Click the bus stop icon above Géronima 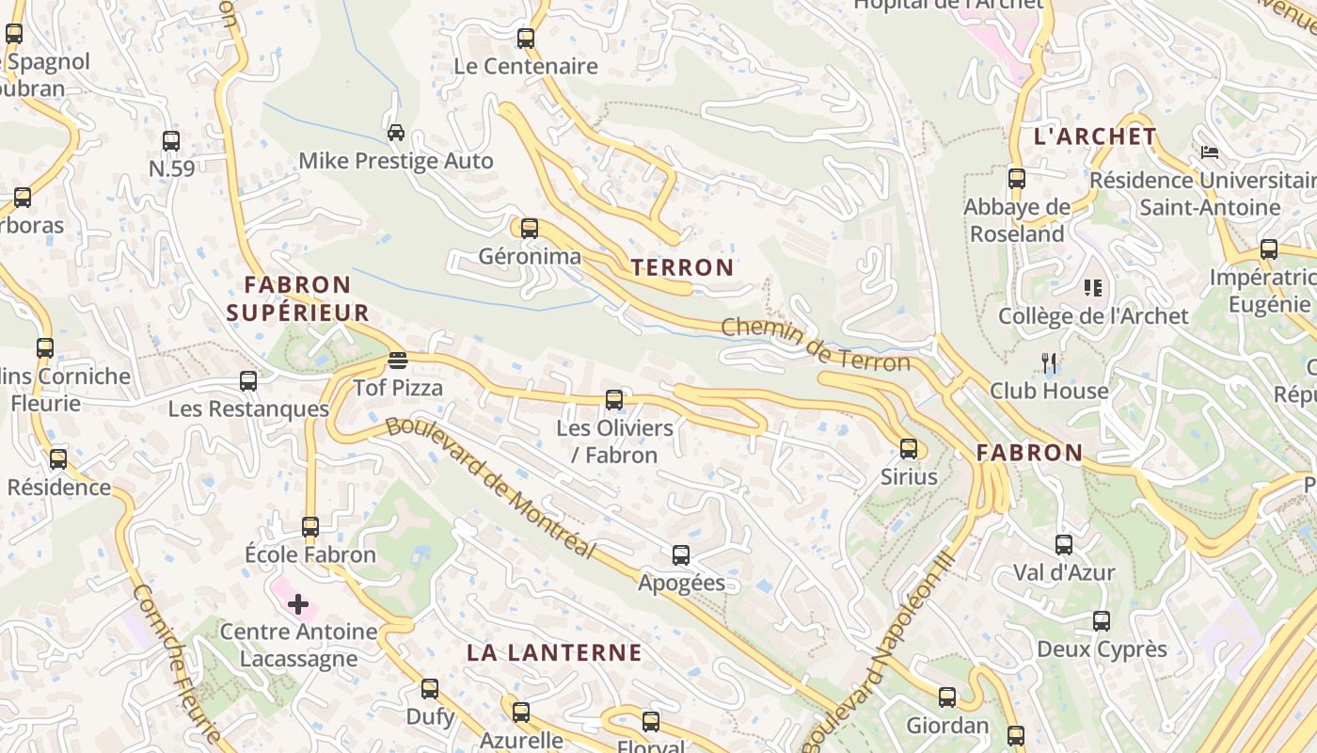pyautogui.click(x=530, y=228)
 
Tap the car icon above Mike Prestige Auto pyautogui.click(x=396, y=132)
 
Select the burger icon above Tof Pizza pyautogui.click(x=397, y=360)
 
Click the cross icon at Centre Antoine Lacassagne pyautogui.click(x=298, y=603)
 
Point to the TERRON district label pyautogui.click(x=682, y=267)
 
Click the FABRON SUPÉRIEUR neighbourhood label pyautogui.click(x=297, y=298)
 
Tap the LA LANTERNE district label pyautogui.click(x=554, y=652)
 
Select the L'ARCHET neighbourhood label pyautogui.click(x=1095, y=136)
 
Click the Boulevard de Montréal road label pyautogui.click(x=491, y=486)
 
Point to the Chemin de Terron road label pyautogui.click(x=816, y=345)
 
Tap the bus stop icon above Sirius pyautogui.click(x=909, y=449)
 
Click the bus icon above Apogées pyautogui.click(x=681, y=555)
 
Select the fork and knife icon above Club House pyautogui.click(x=1050, y=362)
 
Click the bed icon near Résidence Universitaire pyautogui.click(x=1210, y=152)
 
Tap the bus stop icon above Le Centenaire pyautogui.click(x=526, y=39)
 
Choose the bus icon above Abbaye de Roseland pyautogui.click(x=1017, y=178)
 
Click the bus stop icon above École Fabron pyautogui.click(x=310, y=527)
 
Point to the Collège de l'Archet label pyautogui.click(x=1093, y=315)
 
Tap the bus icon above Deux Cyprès pyautogui.click(x=1102, y=621)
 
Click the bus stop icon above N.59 pyautogui.click(x=171, y=141)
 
